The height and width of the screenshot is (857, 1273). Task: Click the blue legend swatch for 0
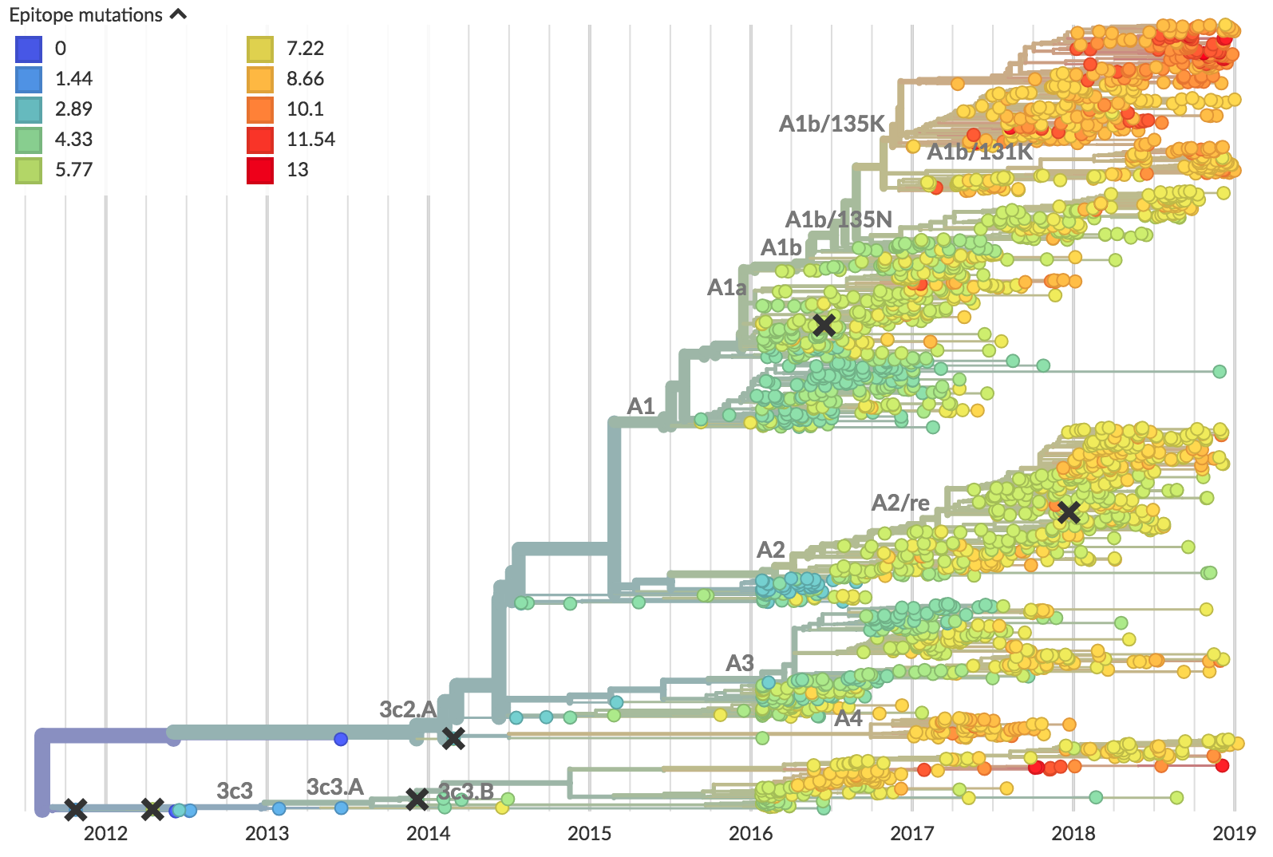pyautogui.click(x=29, y=49)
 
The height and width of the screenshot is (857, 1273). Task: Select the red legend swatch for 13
pyautogui.click(x=260, y=170)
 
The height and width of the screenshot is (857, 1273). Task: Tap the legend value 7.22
pyautogui.click(x=305, y=49)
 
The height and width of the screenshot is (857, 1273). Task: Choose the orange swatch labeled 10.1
pyautogui.click(x=260, y=109)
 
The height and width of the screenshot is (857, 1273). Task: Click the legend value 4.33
pyautogui.click(x=73, y=140)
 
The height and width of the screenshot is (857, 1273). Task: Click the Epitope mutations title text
pyautogui.click(x=85, y=15)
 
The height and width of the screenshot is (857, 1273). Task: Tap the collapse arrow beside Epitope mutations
pyautogui.click(x=179, y=14)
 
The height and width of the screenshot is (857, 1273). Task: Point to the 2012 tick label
pyautogui.click(x=105, y=834)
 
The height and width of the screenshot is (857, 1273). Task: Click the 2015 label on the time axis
pyautogui.click(x=589, y=834)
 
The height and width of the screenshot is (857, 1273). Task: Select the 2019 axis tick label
pyautogui.click(x=1234, y=834)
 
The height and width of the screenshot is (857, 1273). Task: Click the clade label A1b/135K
pyautogui.click(x=832, y=124)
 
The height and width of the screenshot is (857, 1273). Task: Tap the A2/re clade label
pyautogui.click(x=900, y=503)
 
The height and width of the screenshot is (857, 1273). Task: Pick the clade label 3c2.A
pyautogui.click(x=408, y=709)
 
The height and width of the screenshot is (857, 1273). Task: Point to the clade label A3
pyautogui.click(x=740, y=663)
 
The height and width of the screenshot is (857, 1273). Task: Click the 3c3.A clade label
pyautogui.click(x=335, y=788)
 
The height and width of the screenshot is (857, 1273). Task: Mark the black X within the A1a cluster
pyautogui.click(x=824, y=325)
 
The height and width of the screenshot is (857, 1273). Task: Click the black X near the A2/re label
pyautogui.click(x=1069, y=512)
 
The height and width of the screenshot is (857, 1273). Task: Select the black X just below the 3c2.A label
pyautogui.click(x=453, y=738)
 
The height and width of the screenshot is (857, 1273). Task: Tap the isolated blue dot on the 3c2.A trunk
pyautogui.click(x=341, y=739)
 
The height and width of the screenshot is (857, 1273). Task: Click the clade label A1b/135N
pyautogui.click(x=839, y=219)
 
